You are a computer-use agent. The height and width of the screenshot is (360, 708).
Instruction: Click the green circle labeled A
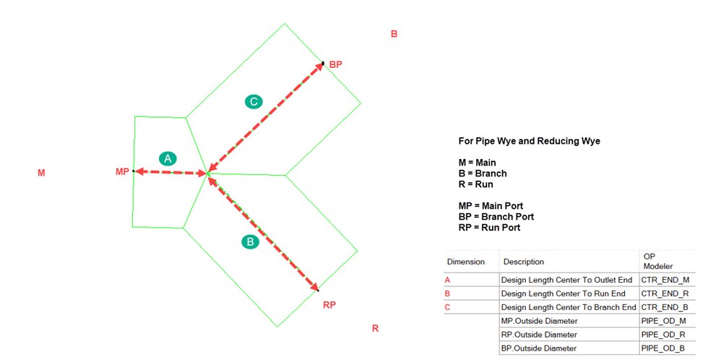point(168,158)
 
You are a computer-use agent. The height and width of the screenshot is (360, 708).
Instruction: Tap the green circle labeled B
point(250,241)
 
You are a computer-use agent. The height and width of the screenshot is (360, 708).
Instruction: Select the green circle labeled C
point(254,102)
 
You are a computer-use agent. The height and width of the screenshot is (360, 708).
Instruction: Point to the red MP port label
point(122,171)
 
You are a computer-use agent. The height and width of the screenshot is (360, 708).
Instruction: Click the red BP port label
point(335,64)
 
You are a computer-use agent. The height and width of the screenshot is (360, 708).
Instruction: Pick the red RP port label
point(329,305)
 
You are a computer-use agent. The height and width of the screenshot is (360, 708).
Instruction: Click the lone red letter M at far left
point(41,173)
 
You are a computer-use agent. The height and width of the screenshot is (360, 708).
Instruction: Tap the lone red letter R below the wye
point(375,328)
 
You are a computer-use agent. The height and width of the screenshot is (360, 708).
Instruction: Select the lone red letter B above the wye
point(394,34)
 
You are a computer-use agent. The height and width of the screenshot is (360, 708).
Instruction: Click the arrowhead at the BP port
point(320,67)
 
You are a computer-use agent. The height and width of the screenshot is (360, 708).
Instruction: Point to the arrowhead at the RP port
point(314,286)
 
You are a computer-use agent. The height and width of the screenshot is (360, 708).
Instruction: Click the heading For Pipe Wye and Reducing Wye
point(529,141)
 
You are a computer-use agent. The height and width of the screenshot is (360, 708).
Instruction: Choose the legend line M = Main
point(478,163)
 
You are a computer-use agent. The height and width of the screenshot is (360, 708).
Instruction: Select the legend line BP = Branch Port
point(496,217)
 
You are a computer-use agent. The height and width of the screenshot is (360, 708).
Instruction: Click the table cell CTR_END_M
point(665,280)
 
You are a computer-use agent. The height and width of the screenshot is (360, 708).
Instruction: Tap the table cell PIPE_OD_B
point(663,348)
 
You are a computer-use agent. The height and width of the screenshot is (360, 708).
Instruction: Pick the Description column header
point(524,262)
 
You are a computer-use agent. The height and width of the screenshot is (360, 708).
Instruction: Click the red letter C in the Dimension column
point(447,308)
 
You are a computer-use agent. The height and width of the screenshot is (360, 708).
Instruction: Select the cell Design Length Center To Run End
point(563,293)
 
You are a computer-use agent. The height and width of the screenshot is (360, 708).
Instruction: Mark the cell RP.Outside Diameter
point(539,335)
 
